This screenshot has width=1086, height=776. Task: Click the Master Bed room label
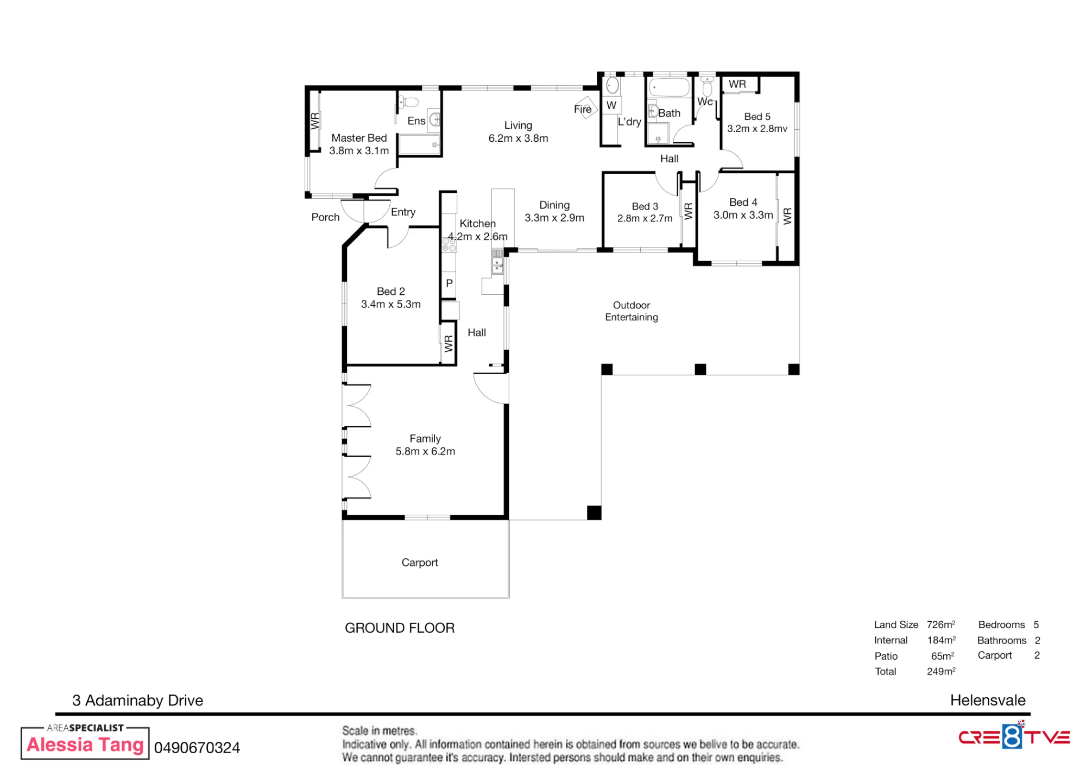click(359, 138)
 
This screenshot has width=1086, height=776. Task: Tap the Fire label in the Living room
click(583, 109)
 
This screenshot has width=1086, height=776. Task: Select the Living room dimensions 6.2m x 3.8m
click(518, 138)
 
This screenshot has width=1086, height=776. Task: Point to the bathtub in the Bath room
click(670, 87)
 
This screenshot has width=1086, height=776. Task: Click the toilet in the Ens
click(409, 102)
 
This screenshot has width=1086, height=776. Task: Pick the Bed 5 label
click(757, 117)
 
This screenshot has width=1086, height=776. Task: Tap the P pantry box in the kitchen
click(449, 283)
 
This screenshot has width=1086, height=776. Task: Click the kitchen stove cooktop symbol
click(449, 244)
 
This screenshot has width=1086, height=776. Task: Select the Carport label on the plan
click(420, 563)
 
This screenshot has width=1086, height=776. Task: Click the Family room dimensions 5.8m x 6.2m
click(425, 451)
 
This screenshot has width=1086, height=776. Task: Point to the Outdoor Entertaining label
click(632, 311)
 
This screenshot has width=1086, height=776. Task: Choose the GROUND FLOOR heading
click(400, 628)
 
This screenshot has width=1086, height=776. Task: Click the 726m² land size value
click(941, 624)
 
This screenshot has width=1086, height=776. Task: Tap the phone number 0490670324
click(197, 748)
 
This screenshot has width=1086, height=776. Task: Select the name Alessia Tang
click(85, 745)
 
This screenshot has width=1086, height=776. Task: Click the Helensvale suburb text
click(988, 701)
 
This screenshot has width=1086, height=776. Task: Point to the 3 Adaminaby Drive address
click(138, 701)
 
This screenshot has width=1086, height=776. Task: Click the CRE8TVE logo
click(1014, 736)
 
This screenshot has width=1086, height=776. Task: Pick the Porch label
click(325, 217)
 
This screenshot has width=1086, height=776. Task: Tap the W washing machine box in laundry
click(611, 105)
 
